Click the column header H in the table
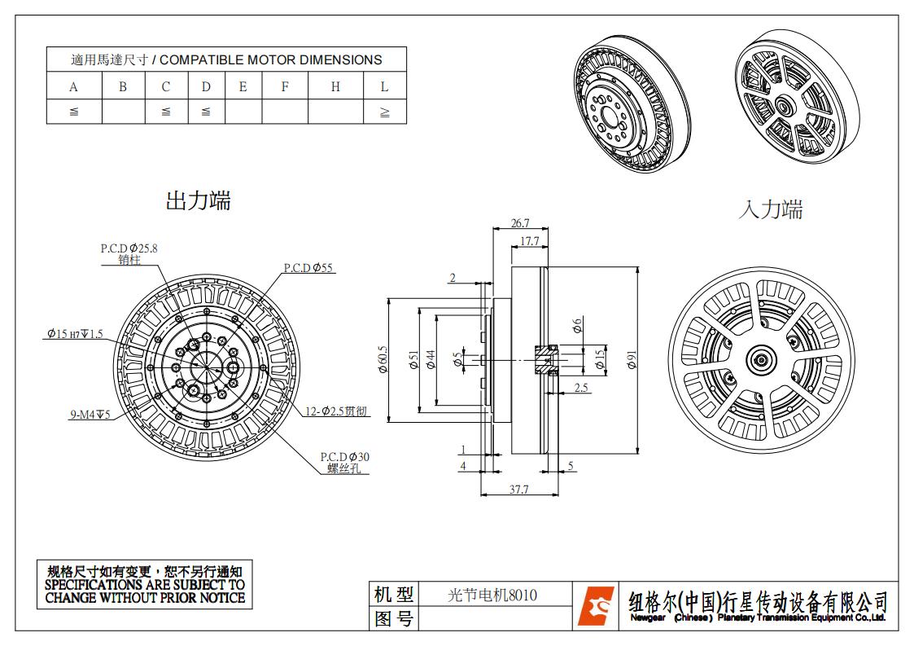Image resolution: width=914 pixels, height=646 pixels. [x=335, y=86]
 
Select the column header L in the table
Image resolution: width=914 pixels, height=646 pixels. [x=384, y=86]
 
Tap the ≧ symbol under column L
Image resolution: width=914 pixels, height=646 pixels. [x=384, y=112]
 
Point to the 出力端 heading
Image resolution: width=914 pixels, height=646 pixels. [x=199, y=200]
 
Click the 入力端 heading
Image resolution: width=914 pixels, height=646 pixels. [x=770, y=209]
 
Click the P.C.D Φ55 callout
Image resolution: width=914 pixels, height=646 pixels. [x=308, y=267]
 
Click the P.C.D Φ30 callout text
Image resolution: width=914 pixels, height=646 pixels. [x=344, y=457]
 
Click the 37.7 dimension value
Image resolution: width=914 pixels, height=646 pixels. [x=518, y=489]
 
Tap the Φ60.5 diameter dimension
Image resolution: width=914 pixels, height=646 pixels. [x=383, y=360]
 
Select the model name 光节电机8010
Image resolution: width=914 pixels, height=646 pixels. [x=492, y=595]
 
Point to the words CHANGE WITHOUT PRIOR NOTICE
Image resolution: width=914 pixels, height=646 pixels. [x=145, y=597]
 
